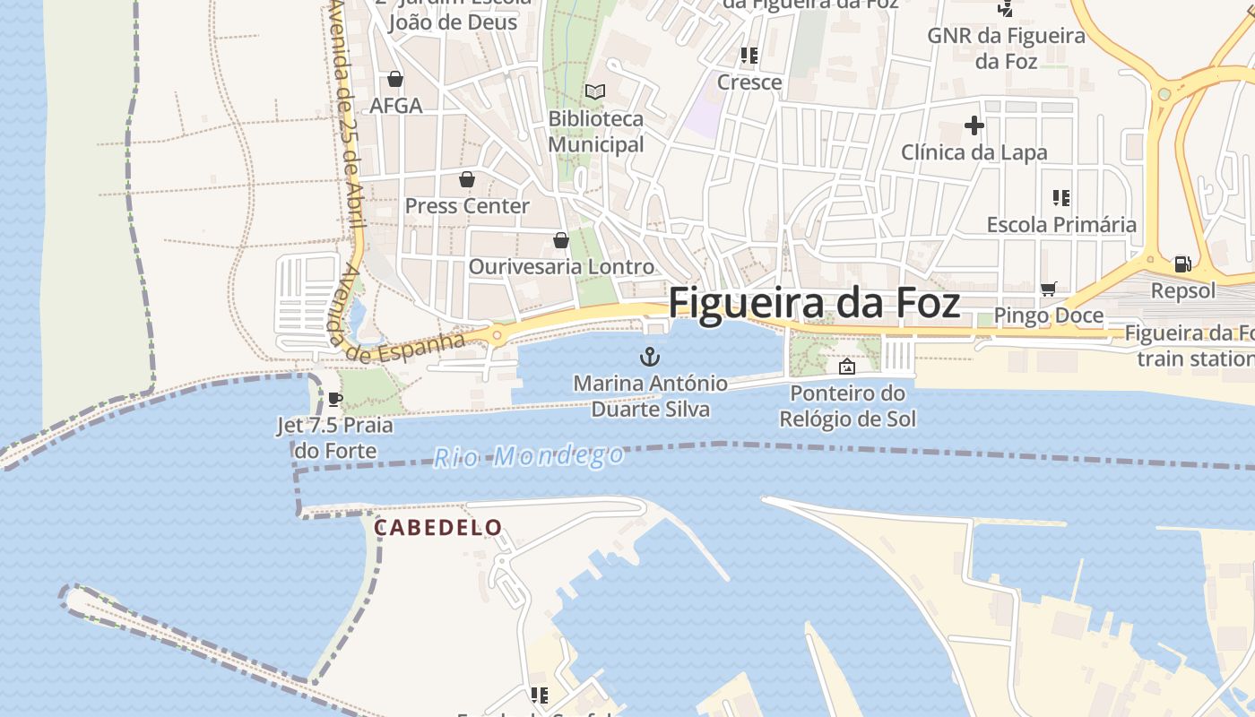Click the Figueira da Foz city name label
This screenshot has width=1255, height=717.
[814, 303]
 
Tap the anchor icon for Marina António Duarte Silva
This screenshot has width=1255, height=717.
[650, 358]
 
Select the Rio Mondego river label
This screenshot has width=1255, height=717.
[529, 456]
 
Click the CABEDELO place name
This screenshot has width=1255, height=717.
[437, 527]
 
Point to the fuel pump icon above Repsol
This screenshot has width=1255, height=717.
[1183, 263]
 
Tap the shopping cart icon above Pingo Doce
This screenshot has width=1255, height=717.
[1048, 289]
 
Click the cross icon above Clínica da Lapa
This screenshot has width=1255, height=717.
[974, 125]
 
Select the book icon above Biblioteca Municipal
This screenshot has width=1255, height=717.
[595, 91]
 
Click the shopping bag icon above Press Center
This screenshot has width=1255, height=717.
[467, 179]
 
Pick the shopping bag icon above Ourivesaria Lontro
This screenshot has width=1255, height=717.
[561, 240]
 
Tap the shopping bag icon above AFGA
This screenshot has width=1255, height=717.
[395, 79]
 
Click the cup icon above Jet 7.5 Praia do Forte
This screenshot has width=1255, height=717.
[335, 399]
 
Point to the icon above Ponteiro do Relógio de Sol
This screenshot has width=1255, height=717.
[846, 367]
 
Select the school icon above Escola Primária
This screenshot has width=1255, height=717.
[1061, 198]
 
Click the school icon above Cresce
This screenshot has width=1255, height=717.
[749, 56]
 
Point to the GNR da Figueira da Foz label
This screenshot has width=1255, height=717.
[1007, 48]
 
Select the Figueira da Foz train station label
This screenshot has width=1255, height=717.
[1190, 346]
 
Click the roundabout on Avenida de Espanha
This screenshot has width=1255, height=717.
[497, 336]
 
